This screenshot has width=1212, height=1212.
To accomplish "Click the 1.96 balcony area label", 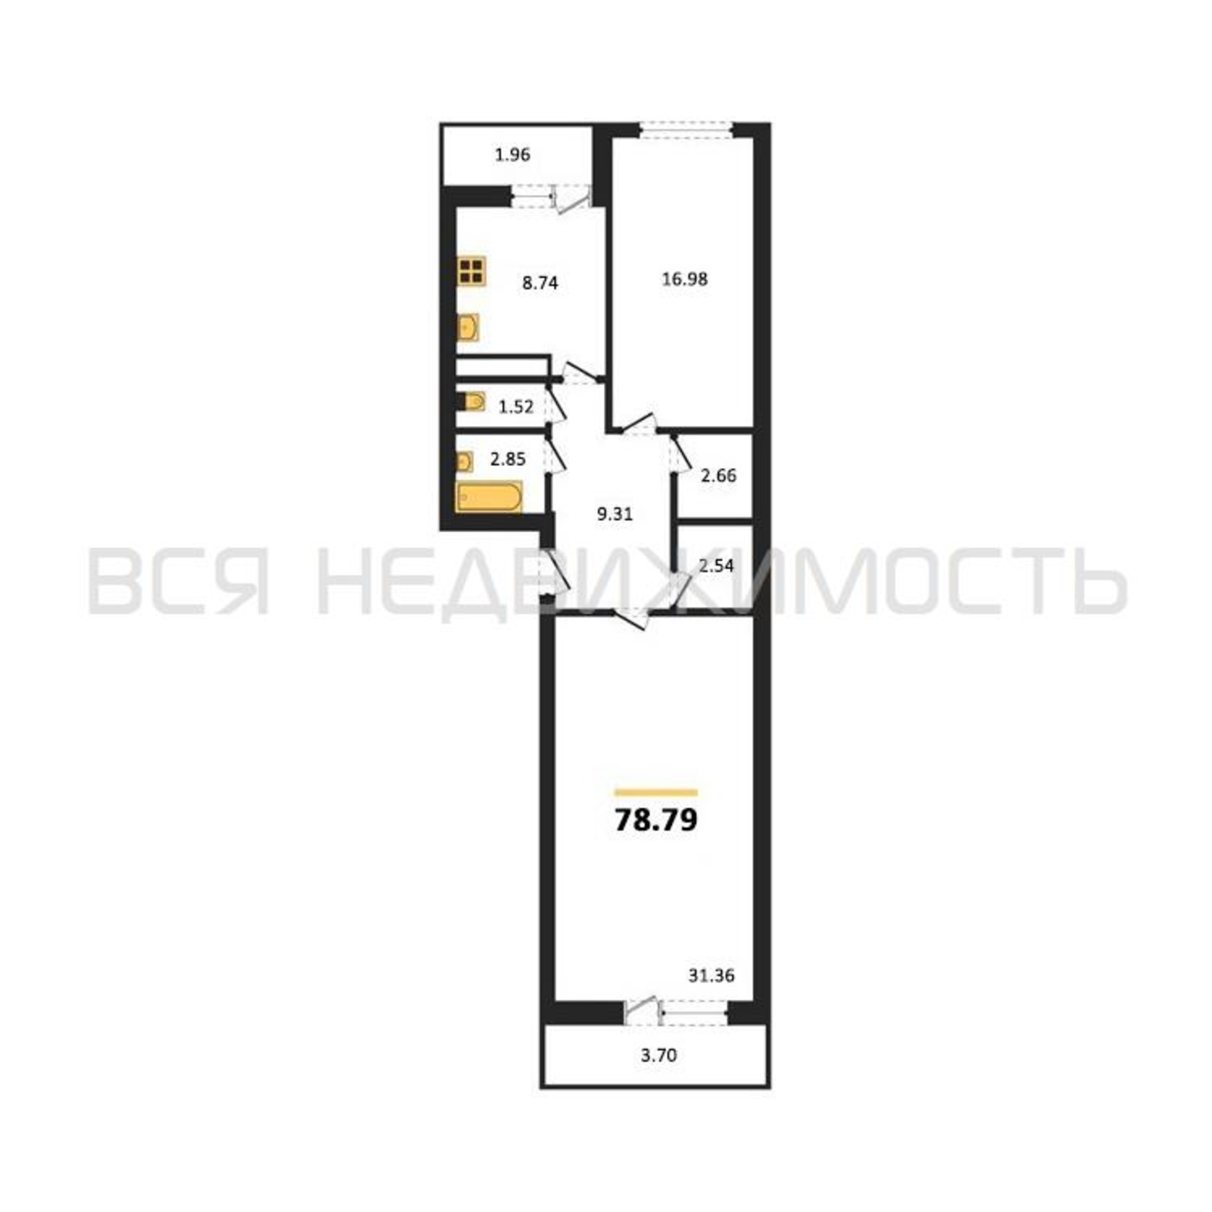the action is pos(513,155).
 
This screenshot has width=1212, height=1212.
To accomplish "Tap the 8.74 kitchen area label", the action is pos(540,283).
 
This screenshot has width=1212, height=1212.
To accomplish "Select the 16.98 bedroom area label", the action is pos(685,279).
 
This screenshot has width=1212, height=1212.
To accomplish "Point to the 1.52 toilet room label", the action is pos(516,407).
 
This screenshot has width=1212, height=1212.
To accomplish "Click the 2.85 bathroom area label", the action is pos(507,459).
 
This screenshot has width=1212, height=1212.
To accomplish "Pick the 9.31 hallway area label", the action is pos(614,515).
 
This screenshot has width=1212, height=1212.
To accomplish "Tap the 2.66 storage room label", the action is pos(718,476).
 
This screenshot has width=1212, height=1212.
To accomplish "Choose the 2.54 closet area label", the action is pos(716,566).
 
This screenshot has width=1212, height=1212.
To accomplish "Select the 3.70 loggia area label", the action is pos(659,1056).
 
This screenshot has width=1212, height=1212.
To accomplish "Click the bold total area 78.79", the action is pos(656,819).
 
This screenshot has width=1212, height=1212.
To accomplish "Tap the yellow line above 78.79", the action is pos(656,792).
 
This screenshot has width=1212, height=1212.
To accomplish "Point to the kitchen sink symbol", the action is pos(468,327).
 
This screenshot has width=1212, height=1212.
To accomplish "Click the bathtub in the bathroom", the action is pos(489,498).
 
